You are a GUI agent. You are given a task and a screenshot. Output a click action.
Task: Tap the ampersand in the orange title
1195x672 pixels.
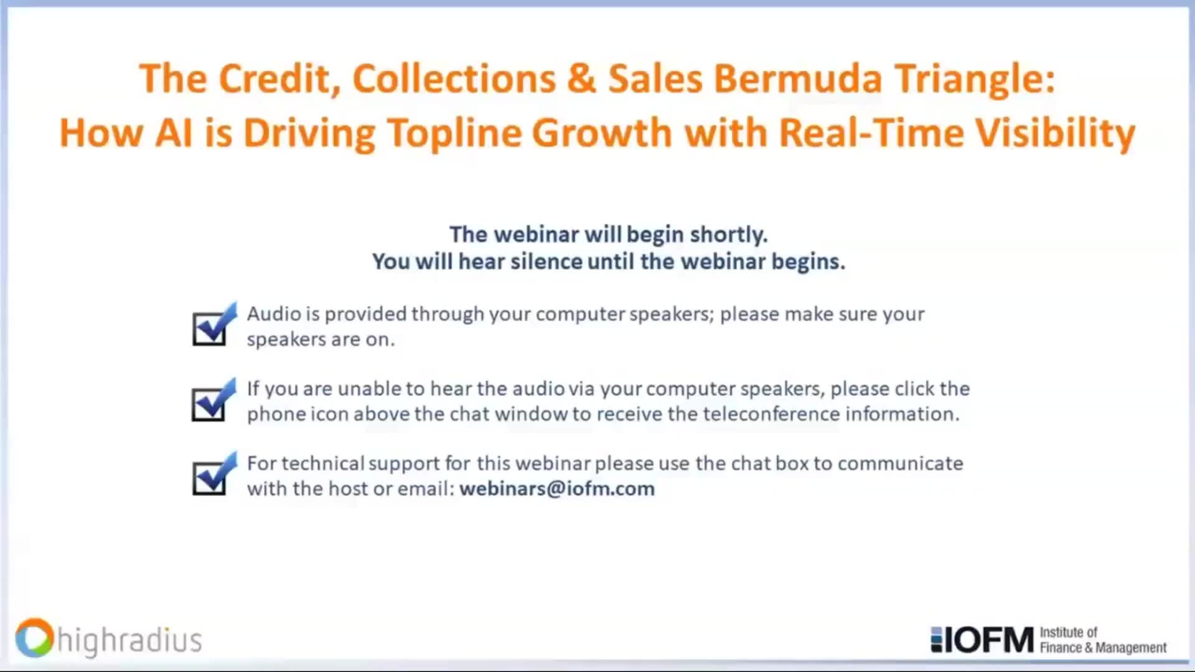pyautogui.click(x=581, y=79)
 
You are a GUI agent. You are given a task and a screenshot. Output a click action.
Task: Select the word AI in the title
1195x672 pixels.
pyautogui.click(x=174, y=133)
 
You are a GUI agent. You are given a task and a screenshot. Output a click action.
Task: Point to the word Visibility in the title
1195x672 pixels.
pyautogui.click(x=1055, y=133)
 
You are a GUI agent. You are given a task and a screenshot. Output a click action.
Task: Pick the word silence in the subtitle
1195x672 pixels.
pyautogui.click(x=546, y=261)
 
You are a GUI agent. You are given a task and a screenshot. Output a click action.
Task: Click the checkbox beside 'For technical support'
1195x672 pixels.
pyautogui.click(x=210, y=477)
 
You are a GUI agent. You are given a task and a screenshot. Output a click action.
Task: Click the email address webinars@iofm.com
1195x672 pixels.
pyautogui.click(x=557, y=489)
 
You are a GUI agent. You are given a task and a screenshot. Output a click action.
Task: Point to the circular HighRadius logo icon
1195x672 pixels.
pyautogui.click(x=34, y=638)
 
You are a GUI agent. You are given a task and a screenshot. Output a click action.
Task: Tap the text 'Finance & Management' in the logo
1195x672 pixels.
pyautogui.click(x=1103, y=648)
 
